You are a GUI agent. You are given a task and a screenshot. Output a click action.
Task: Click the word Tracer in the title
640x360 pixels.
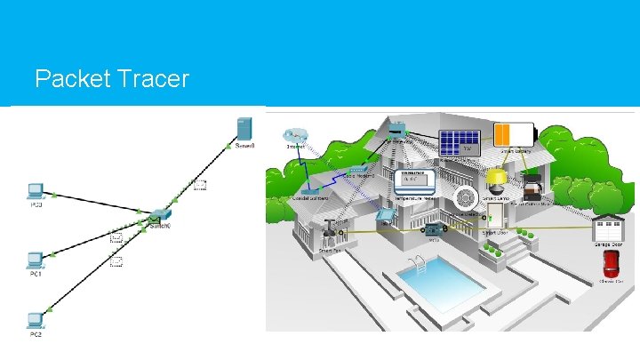click(153, 79)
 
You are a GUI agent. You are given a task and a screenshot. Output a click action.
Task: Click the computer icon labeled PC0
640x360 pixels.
click(34, 190)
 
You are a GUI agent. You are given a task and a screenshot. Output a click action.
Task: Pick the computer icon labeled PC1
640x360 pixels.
click(34, 260)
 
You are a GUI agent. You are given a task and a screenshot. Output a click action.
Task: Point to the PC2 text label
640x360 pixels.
click(35, 334)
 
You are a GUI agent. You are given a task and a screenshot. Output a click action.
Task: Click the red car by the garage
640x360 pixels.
click(610, 263)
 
